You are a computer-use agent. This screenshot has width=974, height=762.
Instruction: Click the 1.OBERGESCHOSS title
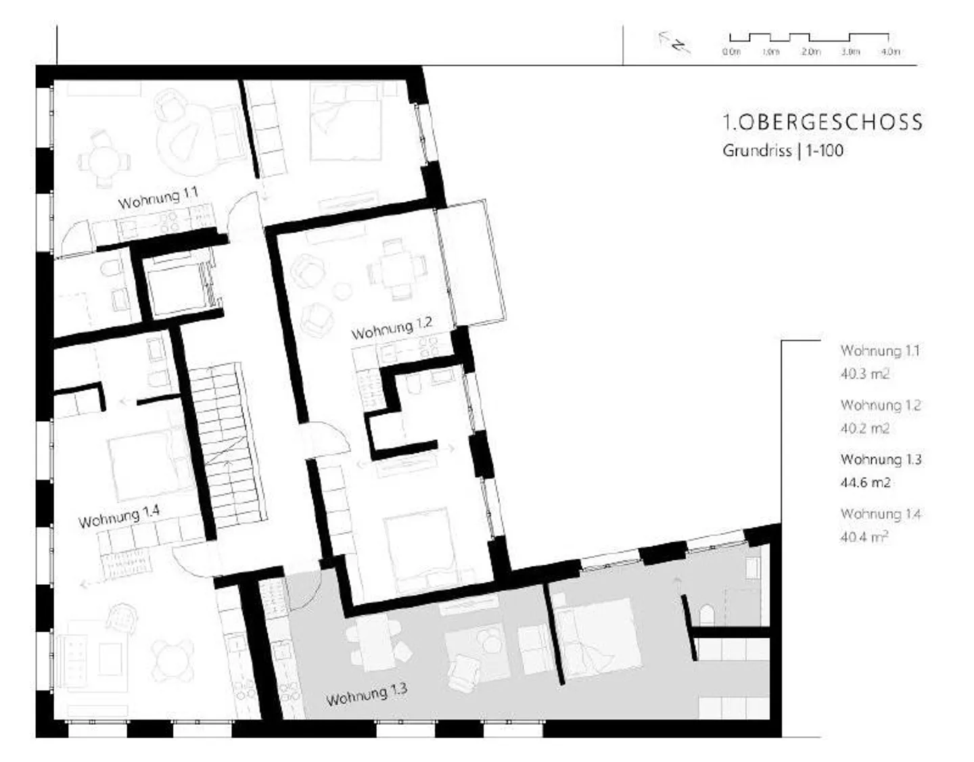point(822,122)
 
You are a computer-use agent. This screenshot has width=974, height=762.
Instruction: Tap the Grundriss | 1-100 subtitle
point(783,151)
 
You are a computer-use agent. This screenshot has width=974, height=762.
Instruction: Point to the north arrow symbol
point(674,43)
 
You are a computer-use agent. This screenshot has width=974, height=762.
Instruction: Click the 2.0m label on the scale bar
point(811,52)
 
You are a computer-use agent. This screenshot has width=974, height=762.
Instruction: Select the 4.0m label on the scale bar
point(890,52)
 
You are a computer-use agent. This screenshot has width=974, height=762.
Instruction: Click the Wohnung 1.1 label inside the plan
point(158,198)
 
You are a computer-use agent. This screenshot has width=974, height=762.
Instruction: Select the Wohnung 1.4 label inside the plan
point(119,517)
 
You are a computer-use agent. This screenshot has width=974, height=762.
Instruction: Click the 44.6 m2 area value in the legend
point(864,483)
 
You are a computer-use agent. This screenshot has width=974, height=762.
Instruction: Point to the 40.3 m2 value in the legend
point(864,374)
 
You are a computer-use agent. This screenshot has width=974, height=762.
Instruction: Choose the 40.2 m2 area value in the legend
point(864,429)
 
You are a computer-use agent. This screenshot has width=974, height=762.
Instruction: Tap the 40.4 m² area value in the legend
point(864,537)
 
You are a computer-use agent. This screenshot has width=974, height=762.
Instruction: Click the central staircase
point(228,445)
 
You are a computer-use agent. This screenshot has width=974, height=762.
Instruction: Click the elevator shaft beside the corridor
point(179,287)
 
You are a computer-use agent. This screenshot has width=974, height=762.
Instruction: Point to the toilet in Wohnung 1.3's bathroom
point(706,616)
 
